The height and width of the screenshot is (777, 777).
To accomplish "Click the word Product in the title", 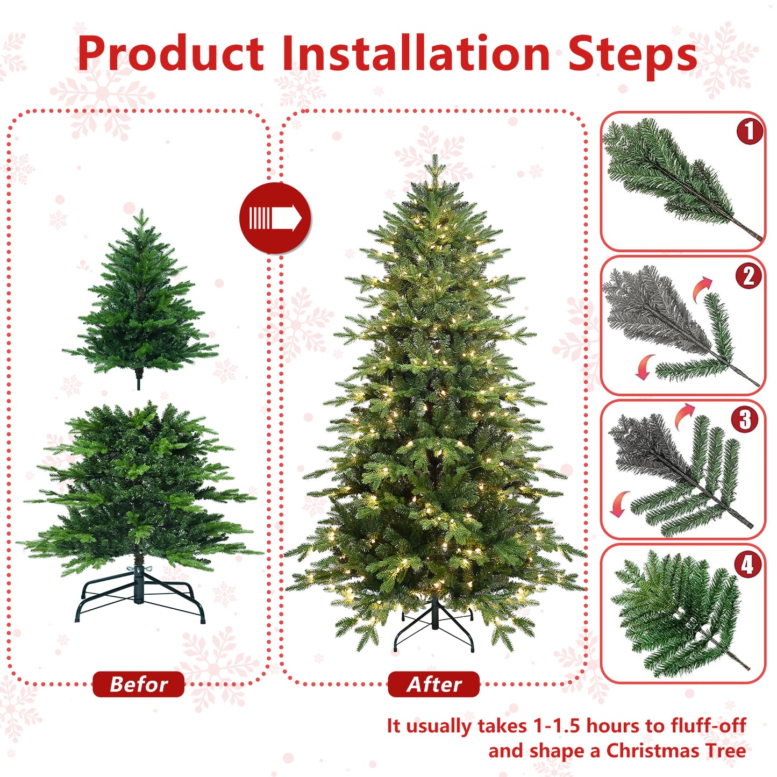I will [x=170, y=54].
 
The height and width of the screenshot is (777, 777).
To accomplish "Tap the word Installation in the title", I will [x=416, y=54].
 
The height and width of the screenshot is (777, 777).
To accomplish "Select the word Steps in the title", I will [x=632, y=55].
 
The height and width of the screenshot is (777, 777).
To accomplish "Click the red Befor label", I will [x=138, y=684].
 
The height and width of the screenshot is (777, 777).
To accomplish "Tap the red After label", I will [x=433, y=684].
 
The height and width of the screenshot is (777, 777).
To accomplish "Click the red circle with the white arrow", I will [x=275, y=218].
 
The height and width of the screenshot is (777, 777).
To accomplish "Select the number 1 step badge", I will [x=750, y=131].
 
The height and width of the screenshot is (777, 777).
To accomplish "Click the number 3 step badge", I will [x=745, y=419].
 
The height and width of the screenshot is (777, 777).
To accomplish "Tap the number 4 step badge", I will [x=747, y=565].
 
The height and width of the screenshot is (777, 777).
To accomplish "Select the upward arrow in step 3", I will [x=684, y=415].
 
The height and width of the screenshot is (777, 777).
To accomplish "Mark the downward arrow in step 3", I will [x=621, y=503].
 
